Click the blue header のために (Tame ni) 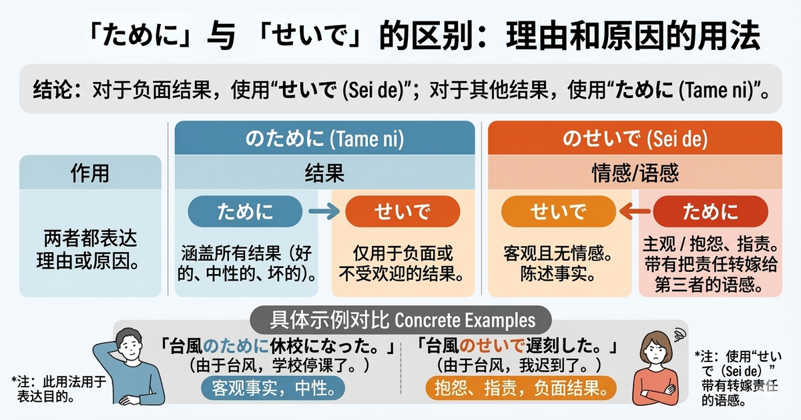324,139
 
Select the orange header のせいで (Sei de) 635,139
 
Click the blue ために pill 246,211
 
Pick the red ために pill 710,211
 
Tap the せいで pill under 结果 403,211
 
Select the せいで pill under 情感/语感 558,211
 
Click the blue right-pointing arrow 323,211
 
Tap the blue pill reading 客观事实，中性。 273,387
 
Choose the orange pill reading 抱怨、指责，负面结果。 520,387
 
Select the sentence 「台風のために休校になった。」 280,346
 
